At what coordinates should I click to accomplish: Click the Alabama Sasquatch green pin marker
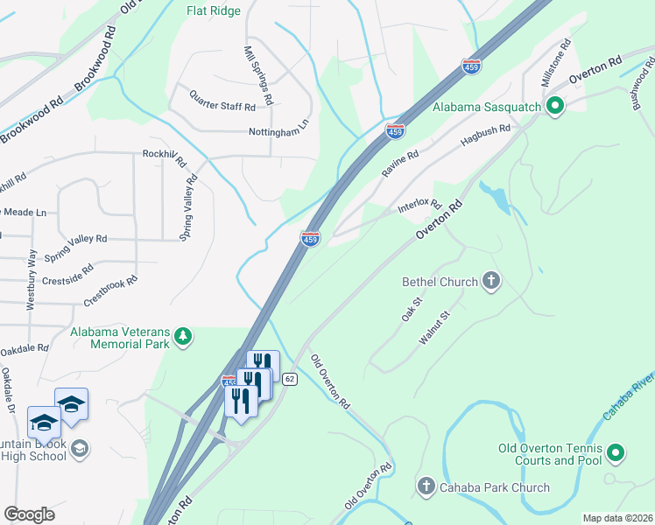click(x=554, y=107)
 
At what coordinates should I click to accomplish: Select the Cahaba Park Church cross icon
click(x=426, y=486)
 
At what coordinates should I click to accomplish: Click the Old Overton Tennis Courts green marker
click(x=616, y=452)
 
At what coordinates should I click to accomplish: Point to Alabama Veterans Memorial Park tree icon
click(x=183, y=337)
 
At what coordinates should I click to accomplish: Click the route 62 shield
click(x=291, y=379)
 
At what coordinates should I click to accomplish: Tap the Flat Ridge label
click(x=214, y=11)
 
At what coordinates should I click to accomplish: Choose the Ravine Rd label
click(x=399, y=164)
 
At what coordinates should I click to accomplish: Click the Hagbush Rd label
click(x=485, y=134)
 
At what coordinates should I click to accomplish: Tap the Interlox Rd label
click(x=419, y=205)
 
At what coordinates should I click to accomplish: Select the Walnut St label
click(x=433, y=325)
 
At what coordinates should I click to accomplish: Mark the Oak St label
click(x=412, y=309)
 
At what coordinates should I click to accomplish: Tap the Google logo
click(x=29, y=514)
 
